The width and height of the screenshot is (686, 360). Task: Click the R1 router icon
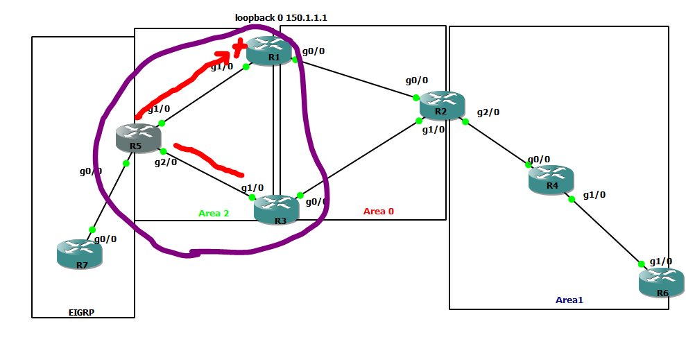[273, 51]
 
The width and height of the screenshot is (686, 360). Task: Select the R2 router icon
[442, 105]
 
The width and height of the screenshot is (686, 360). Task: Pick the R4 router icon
[551, 180]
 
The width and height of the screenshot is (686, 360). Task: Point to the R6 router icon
[661, 283]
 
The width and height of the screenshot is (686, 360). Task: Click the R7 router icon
[79, 253]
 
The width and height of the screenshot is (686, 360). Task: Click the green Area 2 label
[214, 213]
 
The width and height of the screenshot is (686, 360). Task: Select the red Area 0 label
[379, 211]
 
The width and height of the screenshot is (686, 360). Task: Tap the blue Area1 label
[569, 300]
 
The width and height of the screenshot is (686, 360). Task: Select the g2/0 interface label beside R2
[488, 112]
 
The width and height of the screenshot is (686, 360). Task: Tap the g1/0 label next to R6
[660, 261]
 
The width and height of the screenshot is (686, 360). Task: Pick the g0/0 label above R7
[105, 239]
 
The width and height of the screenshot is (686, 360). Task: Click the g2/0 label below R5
[166, 162]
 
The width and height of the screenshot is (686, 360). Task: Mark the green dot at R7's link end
[92, 230]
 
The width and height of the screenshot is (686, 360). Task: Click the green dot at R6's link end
[642, 264]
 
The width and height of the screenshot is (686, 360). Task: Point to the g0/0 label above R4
[539, 159]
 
